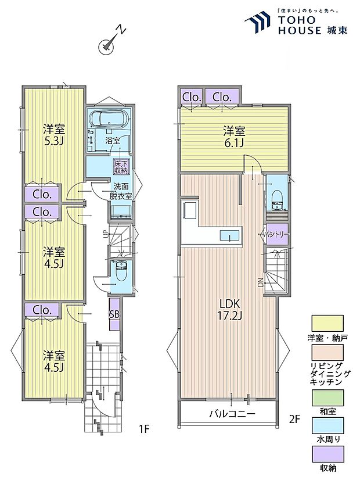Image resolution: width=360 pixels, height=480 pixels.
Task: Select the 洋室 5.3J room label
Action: pos(53,134)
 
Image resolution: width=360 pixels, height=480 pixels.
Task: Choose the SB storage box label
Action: pos(114,314)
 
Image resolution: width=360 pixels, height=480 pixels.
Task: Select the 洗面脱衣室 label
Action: pos(121,191)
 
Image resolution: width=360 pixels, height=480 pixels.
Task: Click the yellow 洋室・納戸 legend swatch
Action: pos(327,322)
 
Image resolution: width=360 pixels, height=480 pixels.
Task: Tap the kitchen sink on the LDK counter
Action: pos(228,235)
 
